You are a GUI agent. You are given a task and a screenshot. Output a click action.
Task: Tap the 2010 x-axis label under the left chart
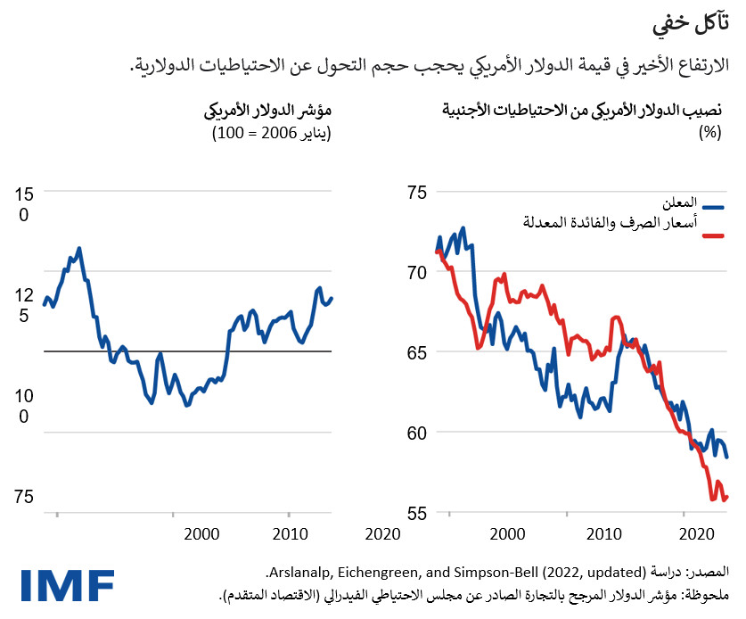click(x=289, y=535)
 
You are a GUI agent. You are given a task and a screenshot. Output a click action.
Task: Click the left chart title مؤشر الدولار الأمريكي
click(x=268, y=112)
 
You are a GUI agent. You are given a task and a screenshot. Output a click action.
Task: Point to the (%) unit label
click(x=709, y=134)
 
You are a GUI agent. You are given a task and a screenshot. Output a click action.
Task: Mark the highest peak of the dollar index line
click(x=78, y=248)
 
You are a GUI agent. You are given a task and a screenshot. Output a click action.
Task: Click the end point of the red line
click(x=728, y=497)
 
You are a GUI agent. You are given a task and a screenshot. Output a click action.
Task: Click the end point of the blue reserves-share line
click(x=728, y=457)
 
